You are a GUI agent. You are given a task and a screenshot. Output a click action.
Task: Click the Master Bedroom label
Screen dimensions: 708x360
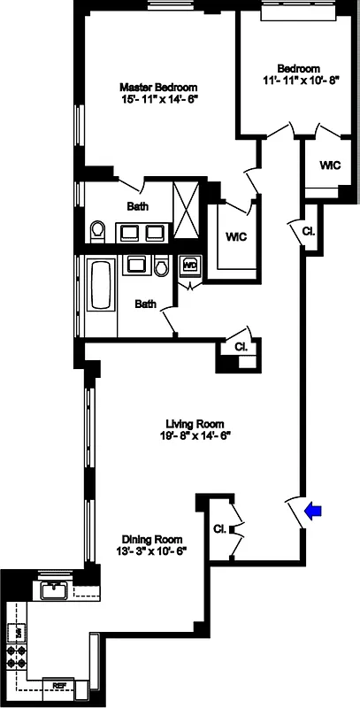tap(158, 87)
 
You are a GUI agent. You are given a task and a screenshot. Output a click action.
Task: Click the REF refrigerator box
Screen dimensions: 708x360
tap(58, 683)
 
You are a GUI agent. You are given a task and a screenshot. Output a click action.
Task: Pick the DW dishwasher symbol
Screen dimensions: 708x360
tap(18, 632)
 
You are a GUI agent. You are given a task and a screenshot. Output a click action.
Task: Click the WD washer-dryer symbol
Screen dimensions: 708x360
tap(189, 265)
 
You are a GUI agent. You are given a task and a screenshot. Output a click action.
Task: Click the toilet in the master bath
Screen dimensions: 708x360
tap(97, 230)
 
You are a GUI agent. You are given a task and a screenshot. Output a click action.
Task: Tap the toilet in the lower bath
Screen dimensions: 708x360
tap(161, 267)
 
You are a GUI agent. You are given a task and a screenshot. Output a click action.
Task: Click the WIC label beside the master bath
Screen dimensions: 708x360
tap(235, 237)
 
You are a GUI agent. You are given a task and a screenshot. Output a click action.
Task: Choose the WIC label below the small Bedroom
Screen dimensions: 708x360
tap(330, 165)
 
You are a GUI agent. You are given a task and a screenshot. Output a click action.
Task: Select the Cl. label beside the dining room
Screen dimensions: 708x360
tap(219, 529)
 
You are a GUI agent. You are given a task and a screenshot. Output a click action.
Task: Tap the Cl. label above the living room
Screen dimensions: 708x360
tap(241, 348)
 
